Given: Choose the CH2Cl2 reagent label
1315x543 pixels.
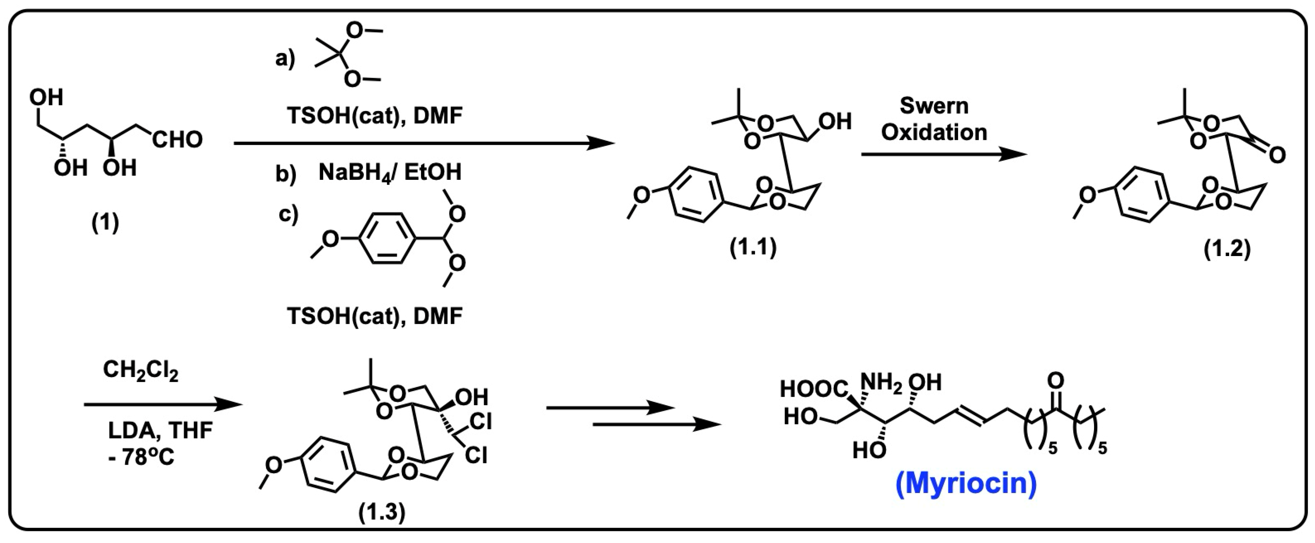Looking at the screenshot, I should (141, 370).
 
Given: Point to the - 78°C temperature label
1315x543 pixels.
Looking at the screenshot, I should (141, 457).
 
